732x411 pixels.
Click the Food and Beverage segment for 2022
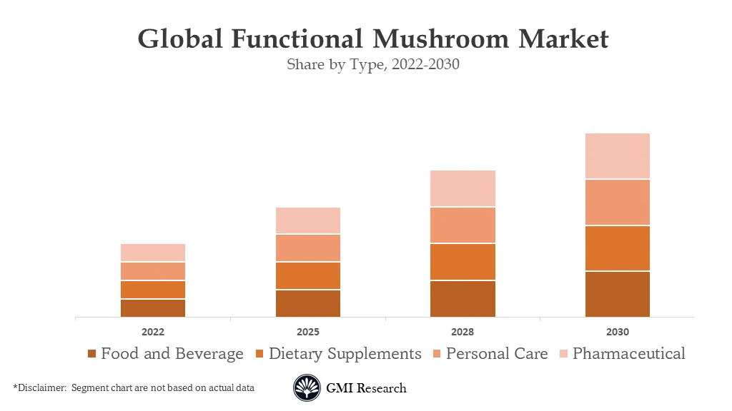pos(153,308)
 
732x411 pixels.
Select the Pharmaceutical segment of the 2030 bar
pos(617,156)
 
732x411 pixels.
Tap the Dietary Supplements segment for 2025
pos(308,275)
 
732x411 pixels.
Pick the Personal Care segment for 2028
pos(463,225)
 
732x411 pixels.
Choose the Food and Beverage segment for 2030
pos(617,294)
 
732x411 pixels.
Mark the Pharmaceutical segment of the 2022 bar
pos(153,253)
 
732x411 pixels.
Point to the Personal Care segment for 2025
pos(308,248)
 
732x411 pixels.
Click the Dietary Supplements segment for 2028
pos(463,262)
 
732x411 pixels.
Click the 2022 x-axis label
pos(153,332)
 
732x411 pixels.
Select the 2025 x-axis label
pos(308,332)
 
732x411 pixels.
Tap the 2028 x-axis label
pos(463,332)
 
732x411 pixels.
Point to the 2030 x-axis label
pos(617,332)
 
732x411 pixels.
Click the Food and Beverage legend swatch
pos(91,354)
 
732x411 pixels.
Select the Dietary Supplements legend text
pos(345,353)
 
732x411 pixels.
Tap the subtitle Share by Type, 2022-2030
pos(372,64)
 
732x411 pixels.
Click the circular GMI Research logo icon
pos(307,388)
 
